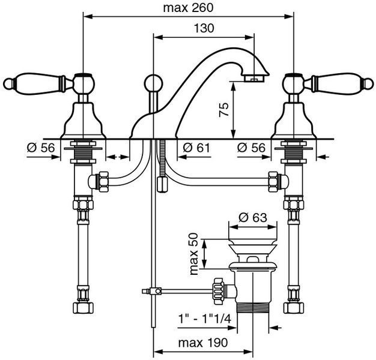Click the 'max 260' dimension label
coord(188,8)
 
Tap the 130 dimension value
coord(204,28)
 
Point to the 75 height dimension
coord(223,110)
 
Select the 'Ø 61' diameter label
coord(196,148)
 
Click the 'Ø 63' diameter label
coord(253,217)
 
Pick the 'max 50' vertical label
coord(194,254)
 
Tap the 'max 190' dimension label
coord(203,343)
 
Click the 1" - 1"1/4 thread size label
coord(205,319)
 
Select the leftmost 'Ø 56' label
coord(41,148)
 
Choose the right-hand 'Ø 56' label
coord(251,148)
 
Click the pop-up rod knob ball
coord(154,84)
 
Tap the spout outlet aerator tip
coord(254,79)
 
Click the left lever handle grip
coord(38,83)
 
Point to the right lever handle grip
coord(338,83)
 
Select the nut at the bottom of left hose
coord(83,308)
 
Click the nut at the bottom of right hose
coord(294,308)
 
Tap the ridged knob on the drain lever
coord(219,291)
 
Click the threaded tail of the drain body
coord(253,308)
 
